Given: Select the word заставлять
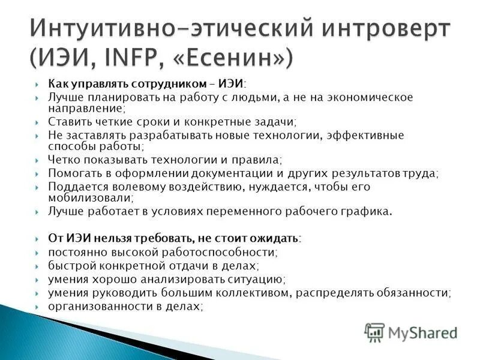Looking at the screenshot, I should (x=95, y=135).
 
